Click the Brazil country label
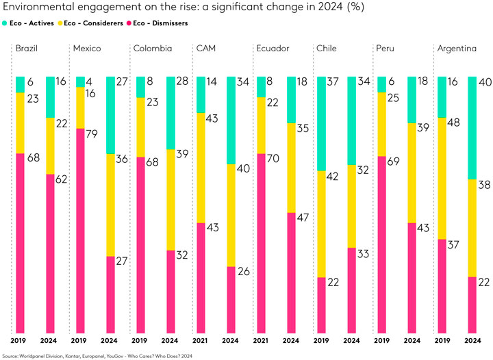click(26, 49)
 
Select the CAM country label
click(205, 49)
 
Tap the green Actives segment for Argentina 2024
click(471, 127)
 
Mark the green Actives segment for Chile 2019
click(321, 123)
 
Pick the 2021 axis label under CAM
click(200, 340)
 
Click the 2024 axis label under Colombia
click(169, 340)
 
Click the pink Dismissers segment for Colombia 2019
click(140, 246)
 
